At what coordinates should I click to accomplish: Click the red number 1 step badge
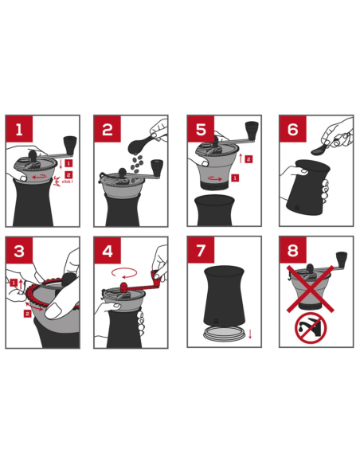19,129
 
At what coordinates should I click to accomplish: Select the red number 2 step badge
108,129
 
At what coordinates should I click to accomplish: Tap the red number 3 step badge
19,251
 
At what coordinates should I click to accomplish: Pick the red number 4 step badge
108,251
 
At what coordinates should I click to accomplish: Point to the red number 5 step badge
201,129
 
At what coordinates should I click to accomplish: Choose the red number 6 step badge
293,129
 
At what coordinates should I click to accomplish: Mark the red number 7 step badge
201,250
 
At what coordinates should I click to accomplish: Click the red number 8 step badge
293,250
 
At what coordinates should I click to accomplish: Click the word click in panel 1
67,182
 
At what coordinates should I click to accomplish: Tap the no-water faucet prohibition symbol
311,328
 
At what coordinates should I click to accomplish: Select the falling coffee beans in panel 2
138,164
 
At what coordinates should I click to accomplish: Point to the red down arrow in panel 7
250,334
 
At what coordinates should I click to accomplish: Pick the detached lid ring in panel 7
225,334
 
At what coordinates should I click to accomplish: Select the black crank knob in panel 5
252,129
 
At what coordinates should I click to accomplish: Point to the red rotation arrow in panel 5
215,179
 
